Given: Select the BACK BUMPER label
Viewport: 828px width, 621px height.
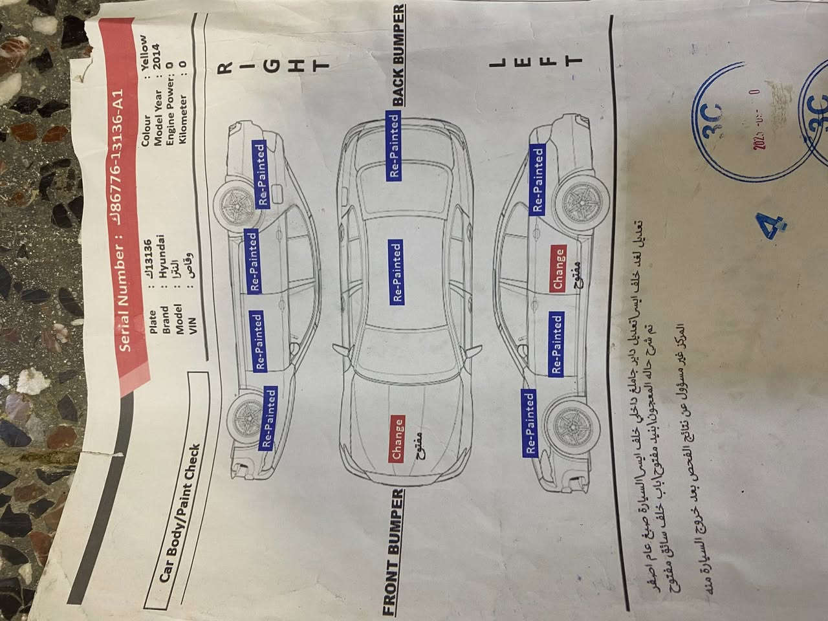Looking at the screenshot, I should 399,54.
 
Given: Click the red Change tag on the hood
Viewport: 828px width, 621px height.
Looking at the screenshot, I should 397,439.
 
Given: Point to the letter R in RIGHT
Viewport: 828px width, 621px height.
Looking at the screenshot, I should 226,66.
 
